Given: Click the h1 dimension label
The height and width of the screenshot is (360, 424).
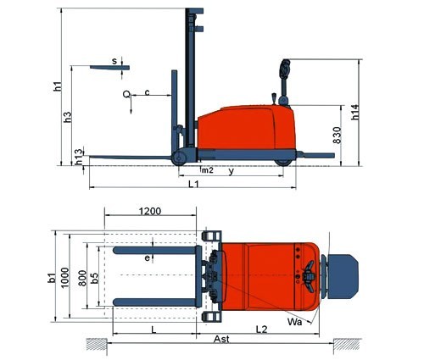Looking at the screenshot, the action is point(58,86).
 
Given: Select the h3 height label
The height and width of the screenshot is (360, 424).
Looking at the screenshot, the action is point(68,117).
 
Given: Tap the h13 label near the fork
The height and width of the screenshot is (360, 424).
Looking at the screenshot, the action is point(80,157).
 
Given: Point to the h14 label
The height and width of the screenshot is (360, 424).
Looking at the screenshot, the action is point(355,112).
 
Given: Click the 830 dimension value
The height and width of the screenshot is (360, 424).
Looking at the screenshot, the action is point(338,136).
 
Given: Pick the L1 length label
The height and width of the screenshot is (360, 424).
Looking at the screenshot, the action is point(194,184).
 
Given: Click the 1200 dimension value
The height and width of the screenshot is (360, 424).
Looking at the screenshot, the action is point(150,211).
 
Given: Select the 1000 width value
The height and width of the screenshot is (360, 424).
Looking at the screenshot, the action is point(64,278).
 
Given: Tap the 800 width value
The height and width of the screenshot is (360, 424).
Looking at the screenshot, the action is point(82,278).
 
